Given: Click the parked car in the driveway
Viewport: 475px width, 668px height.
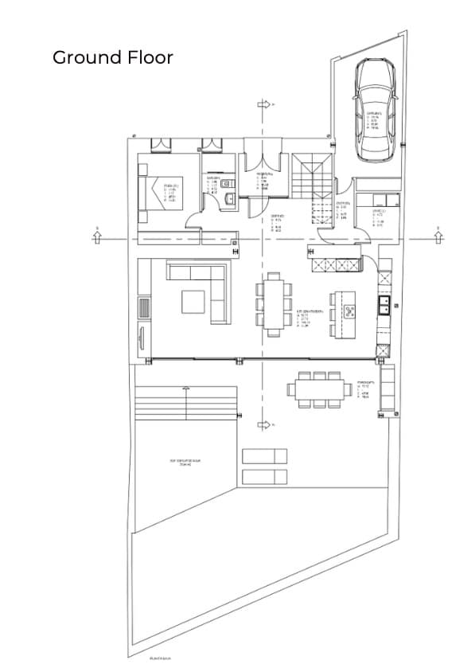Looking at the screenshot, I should [x=376, y=108].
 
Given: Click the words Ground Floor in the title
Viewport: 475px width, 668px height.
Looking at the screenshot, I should [x=112, y=57].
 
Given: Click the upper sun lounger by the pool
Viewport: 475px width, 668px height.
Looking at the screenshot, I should [x=264, y=456].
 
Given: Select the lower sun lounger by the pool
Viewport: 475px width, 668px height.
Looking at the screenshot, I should [x=264, y=476].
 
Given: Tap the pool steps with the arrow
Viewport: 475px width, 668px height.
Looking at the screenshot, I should [x=186, y=402].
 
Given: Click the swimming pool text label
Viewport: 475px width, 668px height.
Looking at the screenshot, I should [x=184, y=463].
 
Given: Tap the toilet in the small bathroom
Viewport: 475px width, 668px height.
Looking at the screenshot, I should [x=228, y=199].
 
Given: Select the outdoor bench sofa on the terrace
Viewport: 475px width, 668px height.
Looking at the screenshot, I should [x=388, y=389].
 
